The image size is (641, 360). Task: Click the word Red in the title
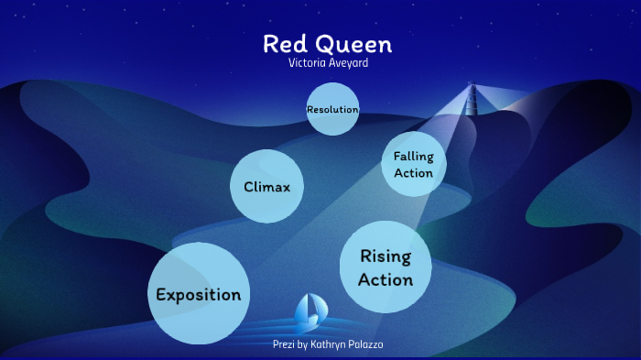pos(283,44)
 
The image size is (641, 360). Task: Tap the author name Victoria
pos(309,63)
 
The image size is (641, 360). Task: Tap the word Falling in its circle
pos(413,156)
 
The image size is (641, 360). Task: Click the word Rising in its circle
pos(386,256)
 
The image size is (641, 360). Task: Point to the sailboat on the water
pos(309,312)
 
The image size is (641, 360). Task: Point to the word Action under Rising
pos(386,279)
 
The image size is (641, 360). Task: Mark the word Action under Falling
pos(413,173)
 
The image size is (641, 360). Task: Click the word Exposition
pos(199,295)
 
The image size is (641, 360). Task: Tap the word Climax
pos(266,187)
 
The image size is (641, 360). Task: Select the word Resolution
pos(332,110)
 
